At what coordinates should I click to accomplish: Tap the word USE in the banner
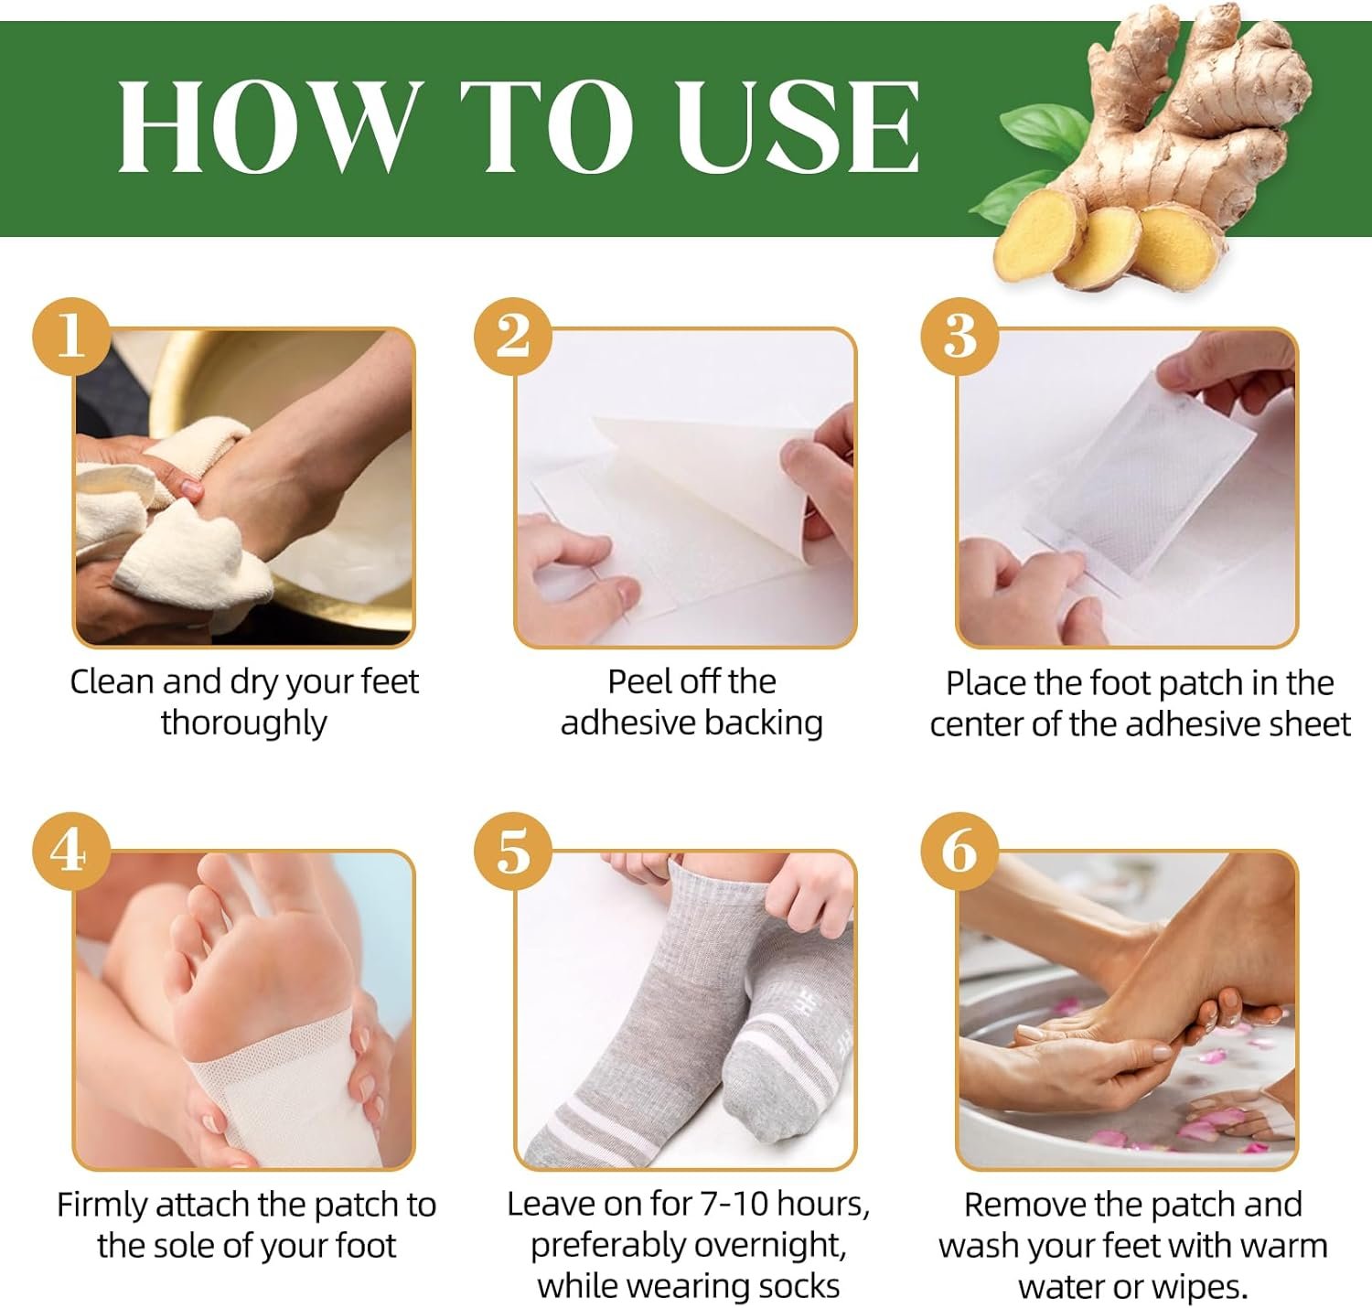pos(798,126)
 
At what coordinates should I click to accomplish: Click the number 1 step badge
pos(71,338)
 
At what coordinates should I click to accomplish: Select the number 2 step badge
pos(513,338)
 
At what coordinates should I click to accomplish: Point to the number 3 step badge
pos(960,338)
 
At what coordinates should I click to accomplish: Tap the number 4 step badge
pos(71,852)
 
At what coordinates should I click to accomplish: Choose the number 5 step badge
pos(513,852)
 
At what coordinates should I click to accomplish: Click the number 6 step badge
pos(960,852)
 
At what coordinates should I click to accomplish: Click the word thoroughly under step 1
pos(244,724)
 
